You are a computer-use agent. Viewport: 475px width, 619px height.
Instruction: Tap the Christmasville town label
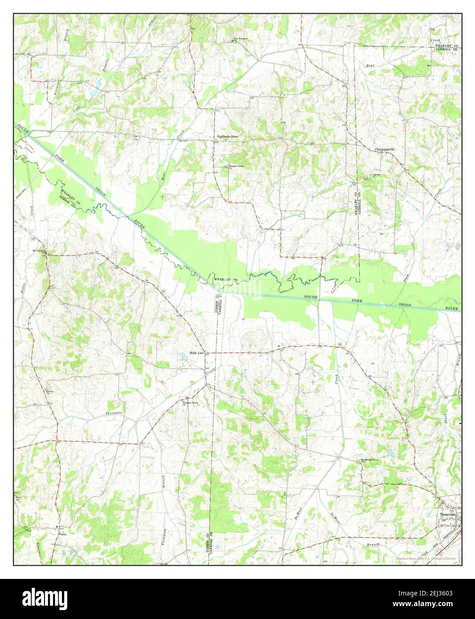[x=385, y=149]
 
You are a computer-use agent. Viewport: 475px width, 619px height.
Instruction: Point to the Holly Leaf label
[x=196, y=353]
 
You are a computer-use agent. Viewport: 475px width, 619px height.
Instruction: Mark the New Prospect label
[x=241, y=39]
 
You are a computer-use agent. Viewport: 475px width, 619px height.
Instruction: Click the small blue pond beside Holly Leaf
[x=183, y=356]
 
